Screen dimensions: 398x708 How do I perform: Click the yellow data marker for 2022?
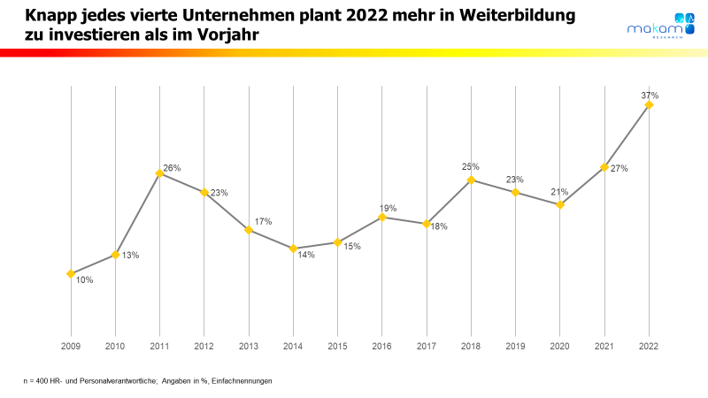click(650, 104)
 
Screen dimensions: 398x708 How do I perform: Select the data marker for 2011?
click(159, 173)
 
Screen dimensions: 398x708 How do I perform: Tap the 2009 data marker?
click(70, 273)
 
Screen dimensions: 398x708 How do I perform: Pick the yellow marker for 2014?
click(293, 249)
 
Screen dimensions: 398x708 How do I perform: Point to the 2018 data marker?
click(471, 180)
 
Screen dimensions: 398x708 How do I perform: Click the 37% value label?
click(650, 95)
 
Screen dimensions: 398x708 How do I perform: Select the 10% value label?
click(84, 280)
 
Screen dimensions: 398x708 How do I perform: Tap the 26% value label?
click(172, 168)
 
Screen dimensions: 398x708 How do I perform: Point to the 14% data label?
click(305, 255)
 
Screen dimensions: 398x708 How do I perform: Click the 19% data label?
click(388, 208)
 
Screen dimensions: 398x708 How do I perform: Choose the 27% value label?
click(619, 168)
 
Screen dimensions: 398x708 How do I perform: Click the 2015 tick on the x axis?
click(337, 346)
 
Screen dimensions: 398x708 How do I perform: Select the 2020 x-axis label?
click(560, 346)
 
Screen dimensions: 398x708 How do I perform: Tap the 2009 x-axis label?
click(70, 346)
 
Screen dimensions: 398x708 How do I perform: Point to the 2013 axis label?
click(249, 346)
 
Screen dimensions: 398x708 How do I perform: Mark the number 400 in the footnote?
click(43, 380)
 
